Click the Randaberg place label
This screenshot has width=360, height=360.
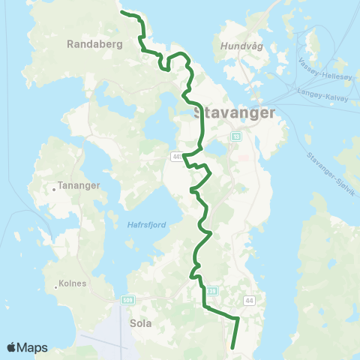pos(94,44)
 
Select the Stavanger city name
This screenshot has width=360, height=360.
pos(234,113)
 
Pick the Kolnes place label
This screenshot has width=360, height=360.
pos(72,283)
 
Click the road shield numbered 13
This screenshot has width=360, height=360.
pos(236,137)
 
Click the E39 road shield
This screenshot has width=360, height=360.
pos(212,290)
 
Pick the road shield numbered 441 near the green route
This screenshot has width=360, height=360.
pos(177,157)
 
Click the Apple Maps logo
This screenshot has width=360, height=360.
pos(27,347)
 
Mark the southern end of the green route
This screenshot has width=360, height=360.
pos(233,347)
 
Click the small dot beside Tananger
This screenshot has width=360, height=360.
pos(54,189)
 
